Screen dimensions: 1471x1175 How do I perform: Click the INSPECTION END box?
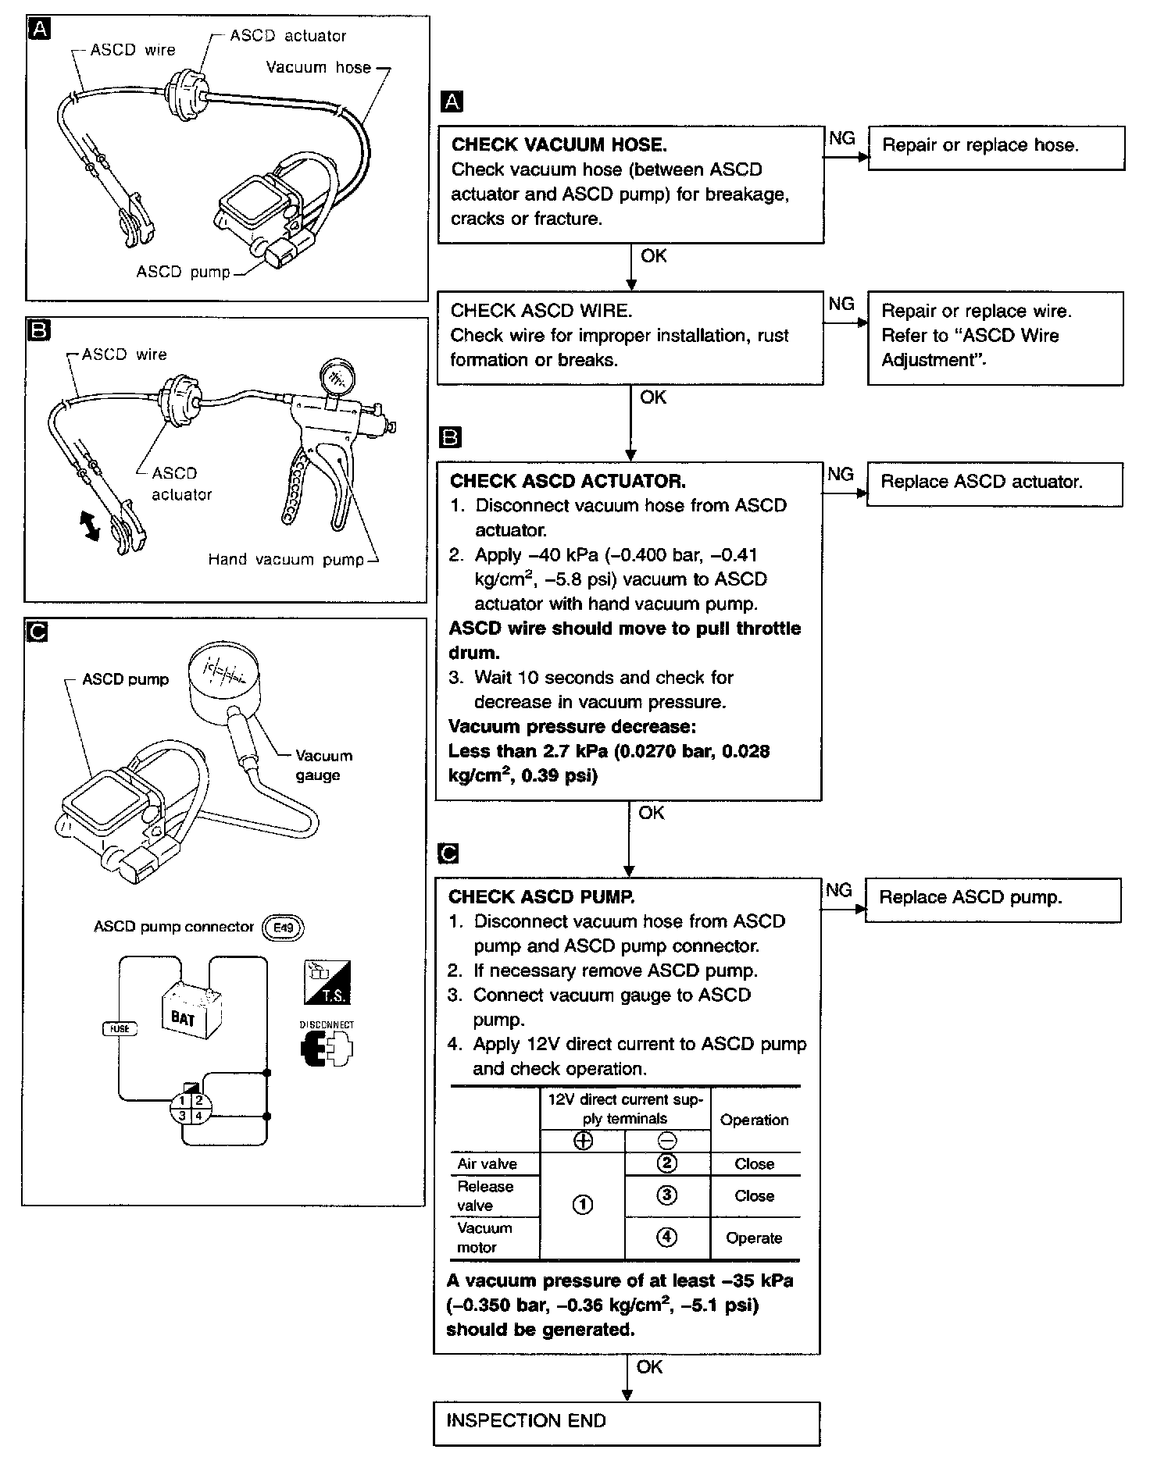click(626, 1421)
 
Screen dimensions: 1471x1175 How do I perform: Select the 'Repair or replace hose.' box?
click(996, 147)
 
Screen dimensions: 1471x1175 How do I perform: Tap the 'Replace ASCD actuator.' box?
click(994, 483)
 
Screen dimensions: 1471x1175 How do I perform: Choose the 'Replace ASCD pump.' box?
click(992, 899)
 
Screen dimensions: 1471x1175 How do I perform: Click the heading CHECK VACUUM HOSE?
click(559, 144)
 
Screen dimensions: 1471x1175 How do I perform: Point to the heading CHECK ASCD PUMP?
click(541, 897)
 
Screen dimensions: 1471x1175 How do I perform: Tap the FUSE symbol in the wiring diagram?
click(120, 1028)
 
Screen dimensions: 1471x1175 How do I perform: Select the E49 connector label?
click(283, 928)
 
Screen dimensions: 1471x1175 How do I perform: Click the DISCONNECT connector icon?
click(327, 1047)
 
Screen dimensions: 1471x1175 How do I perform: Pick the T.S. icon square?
click(327, 982)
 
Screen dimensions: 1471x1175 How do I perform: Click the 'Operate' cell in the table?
click(754, 1238)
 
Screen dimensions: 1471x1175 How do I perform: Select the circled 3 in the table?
click(666, 1195)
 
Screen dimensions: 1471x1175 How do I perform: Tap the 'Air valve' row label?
click(487, 1164)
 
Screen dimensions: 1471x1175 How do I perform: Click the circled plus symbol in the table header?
click(583, 1142)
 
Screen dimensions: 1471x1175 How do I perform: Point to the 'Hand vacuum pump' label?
click(286, 560)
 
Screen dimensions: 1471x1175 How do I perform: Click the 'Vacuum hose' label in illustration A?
click(318, 68)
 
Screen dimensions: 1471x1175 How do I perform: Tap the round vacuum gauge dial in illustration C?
click(226, 674)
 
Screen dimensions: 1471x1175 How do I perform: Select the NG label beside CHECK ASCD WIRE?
click(841, 304)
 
